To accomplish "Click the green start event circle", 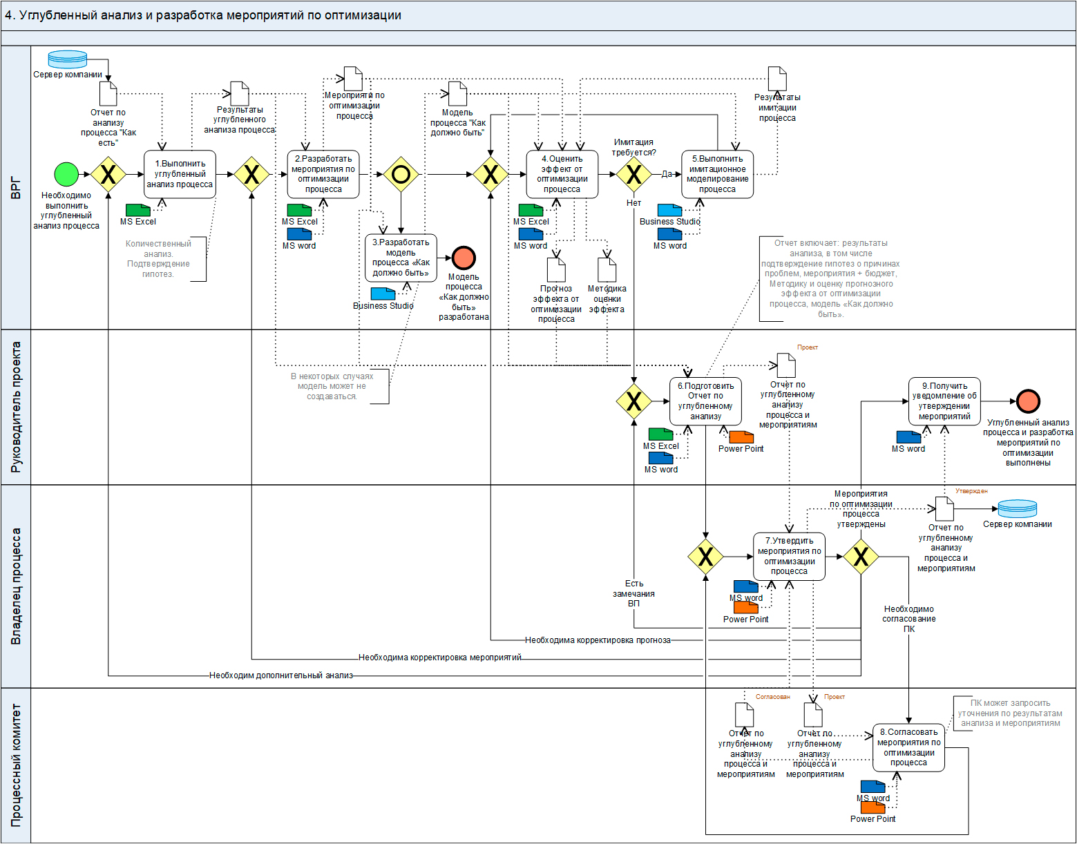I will click(x=66, y=174).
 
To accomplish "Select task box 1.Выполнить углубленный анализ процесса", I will click(x=180, y=174).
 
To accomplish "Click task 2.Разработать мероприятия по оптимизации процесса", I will click(x=323, y=174).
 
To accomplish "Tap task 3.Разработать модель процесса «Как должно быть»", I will click(x=401, y=258).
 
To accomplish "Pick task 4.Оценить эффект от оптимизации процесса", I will click(x=562, y=174).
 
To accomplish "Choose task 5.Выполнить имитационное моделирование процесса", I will click(x=717, y=174).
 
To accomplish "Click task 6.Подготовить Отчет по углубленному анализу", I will click(x=705, y=401).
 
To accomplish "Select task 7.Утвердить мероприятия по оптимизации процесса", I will click(x=789, y=556).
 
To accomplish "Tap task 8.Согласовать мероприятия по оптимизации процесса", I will click(x=908, y=747).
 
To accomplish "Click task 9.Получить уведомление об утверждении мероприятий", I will click(x=944, y=401).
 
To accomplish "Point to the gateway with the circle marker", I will click(x=401, y=174).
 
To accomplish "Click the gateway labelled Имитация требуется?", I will click(x=633, y=174).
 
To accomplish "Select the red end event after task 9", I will click(x=1028, y=401).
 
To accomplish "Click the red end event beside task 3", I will click(x=464, y=258).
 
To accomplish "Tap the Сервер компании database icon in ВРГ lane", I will click(x=68, y=59).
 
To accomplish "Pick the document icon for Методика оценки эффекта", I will click(x=607, y=270).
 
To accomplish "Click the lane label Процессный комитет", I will click(x=16, y=765).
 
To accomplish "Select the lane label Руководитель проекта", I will click(x=16, y=407).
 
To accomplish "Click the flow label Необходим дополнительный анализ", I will click(x=281, y=675).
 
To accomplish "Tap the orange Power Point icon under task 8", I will click(x=873, y=807).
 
